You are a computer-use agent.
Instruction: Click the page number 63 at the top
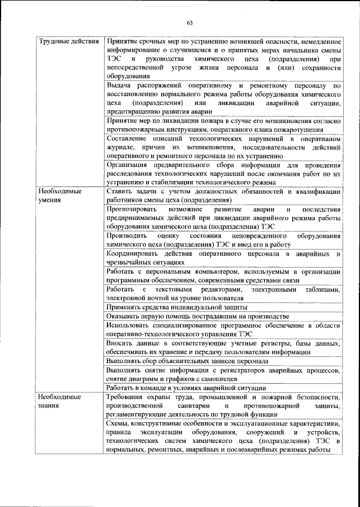click(190, 22)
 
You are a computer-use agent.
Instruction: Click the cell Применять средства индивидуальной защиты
click(177, 307)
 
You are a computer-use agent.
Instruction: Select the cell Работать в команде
click(186, 388)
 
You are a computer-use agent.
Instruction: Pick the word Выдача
click(118, 85)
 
